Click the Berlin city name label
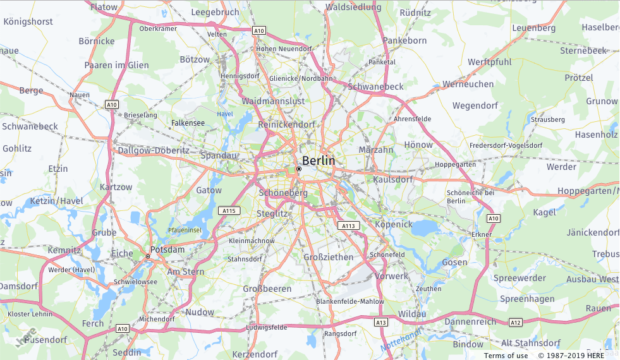[319, 160]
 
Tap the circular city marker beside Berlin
[299, 169]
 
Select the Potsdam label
[167, 249]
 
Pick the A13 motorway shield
[380, 322]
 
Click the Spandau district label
[218, 155]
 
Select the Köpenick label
[394, 224]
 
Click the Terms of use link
[506, 356]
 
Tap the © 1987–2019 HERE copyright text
[571, 356]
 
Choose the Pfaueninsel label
[185, 231]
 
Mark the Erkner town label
[482, 234]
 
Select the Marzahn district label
[376, 150]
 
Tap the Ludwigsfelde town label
[267, 327]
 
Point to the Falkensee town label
[188, 123]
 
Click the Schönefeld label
[387, 255]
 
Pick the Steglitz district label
[272, 213]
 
